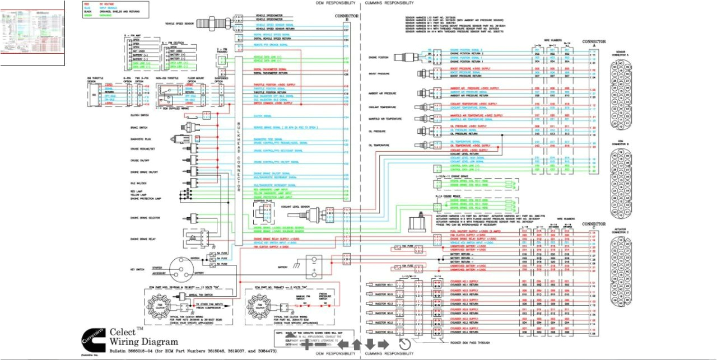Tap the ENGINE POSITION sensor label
tap(378, 57)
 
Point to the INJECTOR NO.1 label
tap(384, 284)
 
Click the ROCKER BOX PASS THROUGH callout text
tap(470, 342)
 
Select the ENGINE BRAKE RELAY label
tap(143, 239)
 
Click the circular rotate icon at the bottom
tap(404, 344)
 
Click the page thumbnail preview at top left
tap(32, 26)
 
